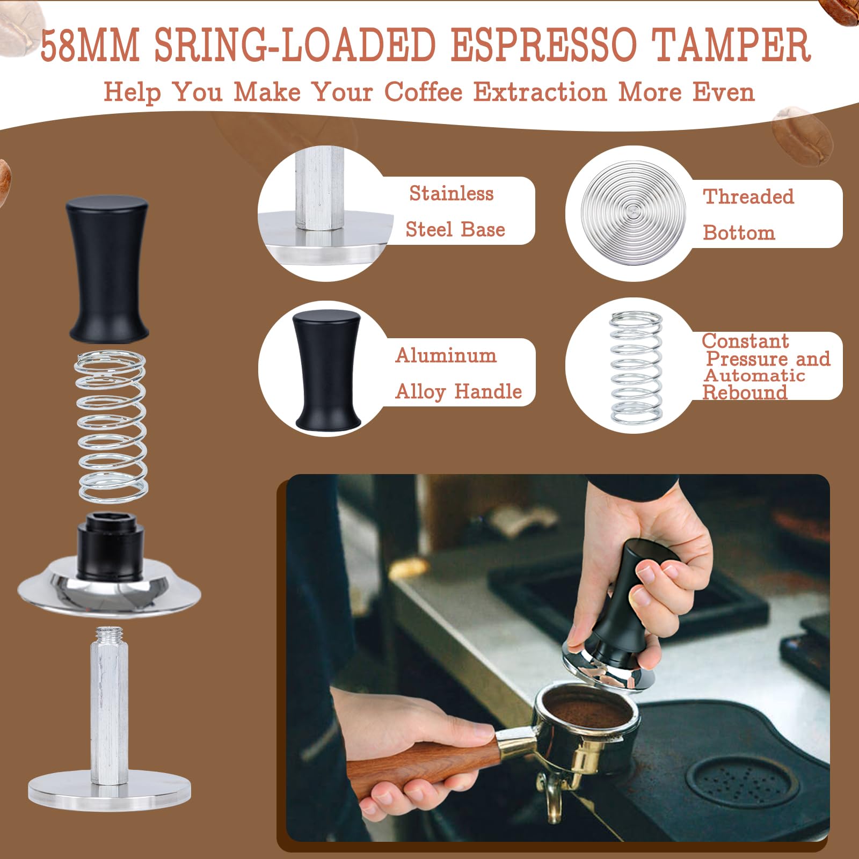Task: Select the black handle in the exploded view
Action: coord(107,268)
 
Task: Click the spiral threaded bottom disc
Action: coord(634,213)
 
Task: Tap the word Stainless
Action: coord(451,193)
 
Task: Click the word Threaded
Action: coord(748,196)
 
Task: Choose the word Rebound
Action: coord(745,392)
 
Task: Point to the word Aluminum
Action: coord(446,355)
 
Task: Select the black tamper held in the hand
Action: coord(623,617)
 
